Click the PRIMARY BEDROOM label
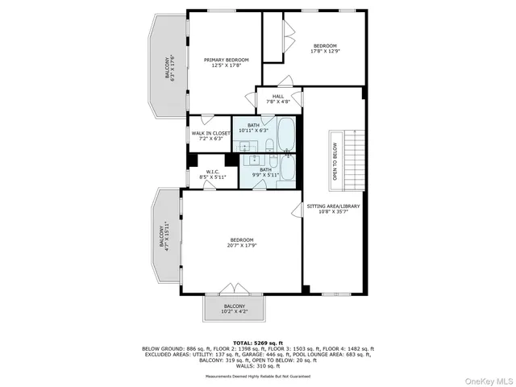coord(226,60)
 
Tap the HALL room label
coord(277,97)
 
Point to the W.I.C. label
coord(213,172)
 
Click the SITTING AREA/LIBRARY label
coord(333,206)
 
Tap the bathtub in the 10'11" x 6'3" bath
coord(287,132)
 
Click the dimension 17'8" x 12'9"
coord(325,52)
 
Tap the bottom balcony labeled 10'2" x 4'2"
coord(234,309)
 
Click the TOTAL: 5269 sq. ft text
coord(258,343)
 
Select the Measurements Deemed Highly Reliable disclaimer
coord(258,375)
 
